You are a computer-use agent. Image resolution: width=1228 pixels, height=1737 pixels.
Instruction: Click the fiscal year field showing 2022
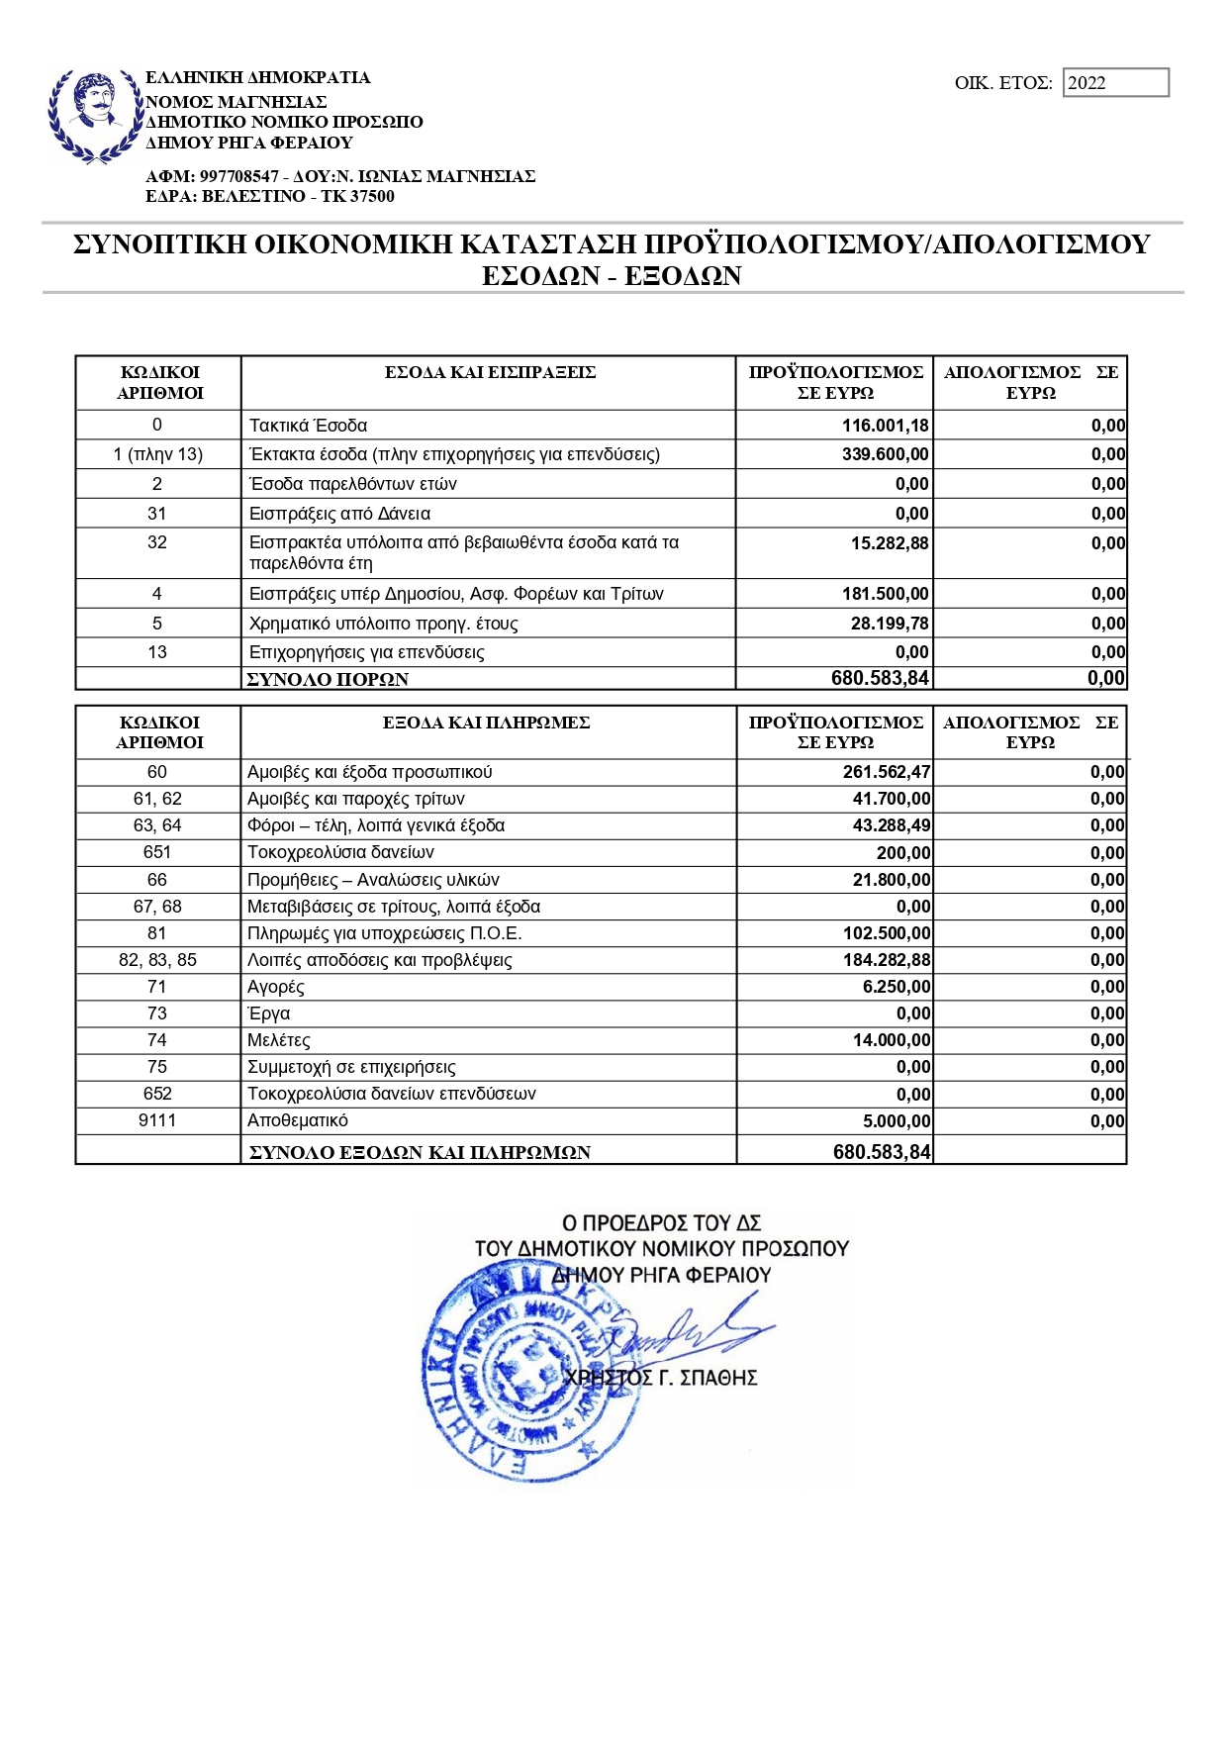click(x=1115, y=83)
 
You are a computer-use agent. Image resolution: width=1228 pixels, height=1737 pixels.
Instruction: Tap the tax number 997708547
click(x=238, y=176)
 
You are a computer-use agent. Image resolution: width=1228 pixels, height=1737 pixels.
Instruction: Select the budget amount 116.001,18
click(x=885, y=426)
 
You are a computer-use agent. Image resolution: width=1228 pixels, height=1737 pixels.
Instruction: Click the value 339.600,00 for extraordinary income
click(x=885, y=454)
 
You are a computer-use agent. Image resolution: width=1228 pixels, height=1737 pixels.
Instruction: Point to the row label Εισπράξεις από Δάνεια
click(x=339, y=514)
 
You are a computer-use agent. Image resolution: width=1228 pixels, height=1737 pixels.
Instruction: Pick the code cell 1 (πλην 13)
click(x=157, y=454)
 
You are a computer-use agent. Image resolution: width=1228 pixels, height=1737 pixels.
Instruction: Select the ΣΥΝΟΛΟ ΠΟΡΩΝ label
click(x=328, y=679)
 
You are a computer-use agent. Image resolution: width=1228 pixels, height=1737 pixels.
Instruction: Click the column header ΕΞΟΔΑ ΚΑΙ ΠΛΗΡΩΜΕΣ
click(x=486, y=723)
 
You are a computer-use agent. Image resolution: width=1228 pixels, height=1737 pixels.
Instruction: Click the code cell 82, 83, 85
click(x=157, y=960)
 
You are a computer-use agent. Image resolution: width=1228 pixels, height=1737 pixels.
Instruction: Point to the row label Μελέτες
click(x=279, y=1040)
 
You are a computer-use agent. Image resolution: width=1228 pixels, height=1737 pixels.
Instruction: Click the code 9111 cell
click(x=157, y=1120)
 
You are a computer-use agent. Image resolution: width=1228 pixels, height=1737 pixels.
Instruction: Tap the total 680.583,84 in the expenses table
click(x=881, y=1152)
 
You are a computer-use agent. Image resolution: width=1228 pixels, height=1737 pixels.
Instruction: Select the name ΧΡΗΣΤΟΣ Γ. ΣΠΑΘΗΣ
click(x=660, y=1378)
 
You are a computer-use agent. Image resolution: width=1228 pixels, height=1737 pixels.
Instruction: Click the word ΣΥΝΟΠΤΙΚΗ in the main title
click(x=158, y=244)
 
